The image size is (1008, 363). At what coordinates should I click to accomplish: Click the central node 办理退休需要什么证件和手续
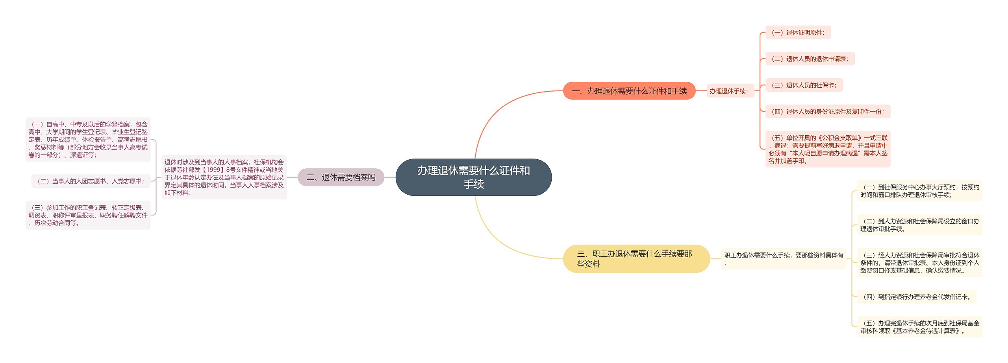(473, 177)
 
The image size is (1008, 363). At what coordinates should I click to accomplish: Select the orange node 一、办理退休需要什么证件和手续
(629, 91)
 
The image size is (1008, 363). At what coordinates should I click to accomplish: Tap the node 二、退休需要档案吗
(341, 177)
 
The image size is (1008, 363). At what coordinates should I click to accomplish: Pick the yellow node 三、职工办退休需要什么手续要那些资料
(636, 259)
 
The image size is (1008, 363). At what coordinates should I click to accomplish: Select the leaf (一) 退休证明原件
(798, 33)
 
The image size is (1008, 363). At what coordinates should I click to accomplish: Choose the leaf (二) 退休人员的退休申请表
(810, 59)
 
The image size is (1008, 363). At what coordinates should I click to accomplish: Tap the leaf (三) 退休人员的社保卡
(804, 85)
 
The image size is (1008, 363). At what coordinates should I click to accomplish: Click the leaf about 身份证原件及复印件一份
(827, 112)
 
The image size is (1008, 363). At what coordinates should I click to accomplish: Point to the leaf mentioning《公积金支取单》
(827, 149)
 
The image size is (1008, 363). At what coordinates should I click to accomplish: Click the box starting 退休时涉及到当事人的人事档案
(224, 177)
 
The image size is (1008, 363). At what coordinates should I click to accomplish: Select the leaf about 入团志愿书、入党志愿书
(91, 181)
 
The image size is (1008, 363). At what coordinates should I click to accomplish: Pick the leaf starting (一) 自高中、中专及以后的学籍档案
(88, 140)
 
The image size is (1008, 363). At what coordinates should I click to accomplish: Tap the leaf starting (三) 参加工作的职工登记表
(88, 215)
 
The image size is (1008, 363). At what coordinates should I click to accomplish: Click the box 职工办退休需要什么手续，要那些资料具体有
(783, 259)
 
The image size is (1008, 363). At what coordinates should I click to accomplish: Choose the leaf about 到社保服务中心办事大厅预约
(919, 191)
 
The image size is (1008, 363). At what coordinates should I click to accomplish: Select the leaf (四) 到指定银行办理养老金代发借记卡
(917, 297)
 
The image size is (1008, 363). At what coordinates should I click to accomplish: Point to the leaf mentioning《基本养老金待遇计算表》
(919, 327)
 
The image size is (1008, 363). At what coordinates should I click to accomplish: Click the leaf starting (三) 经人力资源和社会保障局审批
(919, 263)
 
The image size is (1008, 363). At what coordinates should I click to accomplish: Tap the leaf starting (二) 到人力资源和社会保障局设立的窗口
(919, 225)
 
